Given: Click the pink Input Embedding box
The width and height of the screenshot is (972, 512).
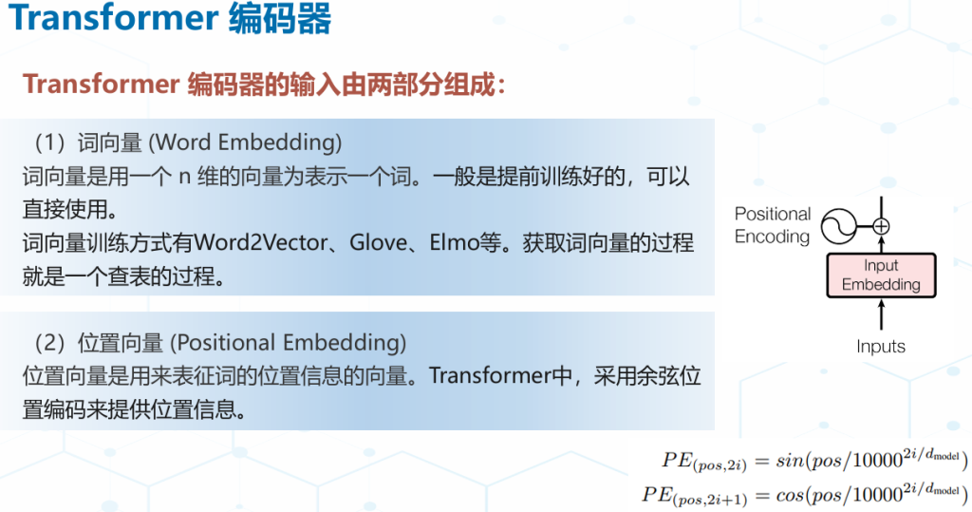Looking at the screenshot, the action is (x=881, y=275).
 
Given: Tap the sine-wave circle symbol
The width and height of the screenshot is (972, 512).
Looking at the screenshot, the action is (x=839, y=226).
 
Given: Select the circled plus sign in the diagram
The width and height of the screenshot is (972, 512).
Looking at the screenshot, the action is (x=881, y=226).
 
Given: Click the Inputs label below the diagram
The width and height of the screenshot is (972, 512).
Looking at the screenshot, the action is (x=881, y=347).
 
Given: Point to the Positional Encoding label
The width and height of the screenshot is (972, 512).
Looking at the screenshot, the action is (x=773, y=225).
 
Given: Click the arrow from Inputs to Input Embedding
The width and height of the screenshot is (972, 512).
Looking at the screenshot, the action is (x=881, y=314).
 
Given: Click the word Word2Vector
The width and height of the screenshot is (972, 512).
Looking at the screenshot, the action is (x=260, y=242).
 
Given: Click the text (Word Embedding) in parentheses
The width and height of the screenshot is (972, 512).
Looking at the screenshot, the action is (x=245, y=142).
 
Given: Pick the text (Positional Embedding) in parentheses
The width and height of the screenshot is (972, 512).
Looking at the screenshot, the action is (x=289, y=343).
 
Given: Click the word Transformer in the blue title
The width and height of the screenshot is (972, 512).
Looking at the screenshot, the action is (x=114, y=17).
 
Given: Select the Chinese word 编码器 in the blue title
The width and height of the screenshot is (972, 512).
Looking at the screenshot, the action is (x=280, y=17).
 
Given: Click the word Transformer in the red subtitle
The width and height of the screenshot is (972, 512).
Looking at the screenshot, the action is (x=101, y=85).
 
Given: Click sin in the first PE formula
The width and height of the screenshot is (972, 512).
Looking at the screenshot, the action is (x=789, y=461).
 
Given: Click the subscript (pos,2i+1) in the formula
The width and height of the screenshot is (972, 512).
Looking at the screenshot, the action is (x=710, y=500).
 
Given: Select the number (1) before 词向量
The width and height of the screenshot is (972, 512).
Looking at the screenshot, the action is (x=49, y=142).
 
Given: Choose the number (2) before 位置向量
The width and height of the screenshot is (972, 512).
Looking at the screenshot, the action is (x=49, y=343).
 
